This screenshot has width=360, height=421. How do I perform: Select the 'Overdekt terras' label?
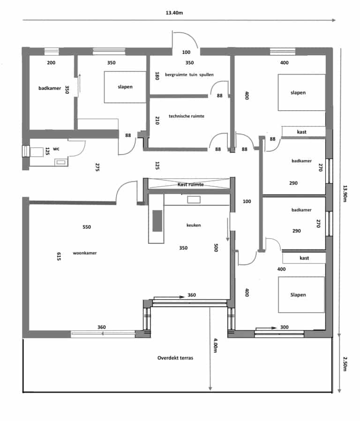[175, 358]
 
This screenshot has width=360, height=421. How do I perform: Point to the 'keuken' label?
[193, 225]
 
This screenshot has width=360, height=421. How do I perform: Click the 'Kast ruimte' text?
[190, 185]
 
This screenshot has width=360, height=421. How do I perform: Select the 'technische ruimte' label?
[186, 116]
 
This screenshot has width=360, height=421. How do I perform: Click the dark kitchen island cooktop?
[157, 220]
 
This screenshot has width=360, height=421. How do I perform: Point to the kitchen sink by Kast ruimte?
[194, 199]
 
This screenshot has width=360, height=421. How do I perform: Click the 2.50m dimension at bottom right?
[345, 364]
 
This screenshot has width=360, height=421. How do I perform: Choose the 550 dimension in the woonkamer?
[87, 227]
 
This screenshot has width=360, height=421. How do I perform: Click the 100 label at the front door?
[186, 52]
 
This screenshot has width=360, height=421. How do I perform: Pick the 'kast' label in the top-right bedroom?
[302, 132]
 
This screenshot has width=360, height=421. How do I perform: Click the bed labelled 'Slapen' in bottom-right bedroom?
[301, 294]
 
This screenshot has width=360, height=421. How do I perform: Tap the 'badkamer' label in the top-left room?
[50, 88]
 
